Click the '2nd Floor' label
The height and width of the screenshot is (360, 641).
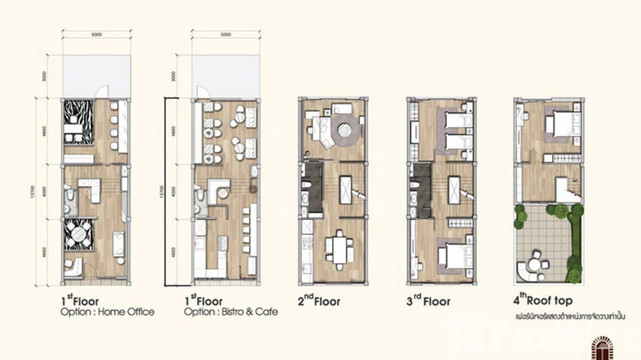(x=319, y=301)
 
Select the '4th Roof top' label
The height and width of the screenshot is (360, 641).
(x=542, y=301)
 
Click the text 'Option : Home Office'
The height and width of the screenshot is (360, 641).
(x=107, y=312)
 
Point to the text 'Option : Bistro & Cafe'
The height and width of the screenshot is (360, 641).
(x=231, y=312)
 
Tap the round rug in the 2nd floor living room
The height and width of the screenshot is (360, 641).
(x=344, y=129)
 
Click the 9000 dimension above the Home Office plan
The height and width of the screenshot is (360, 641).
(x=96, y=34)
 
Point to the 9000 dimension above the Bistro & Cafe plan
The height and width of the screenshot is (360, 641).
(x=226, y=34)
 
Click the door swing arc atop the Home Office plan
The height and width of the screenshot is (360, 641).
(x=102, y=92)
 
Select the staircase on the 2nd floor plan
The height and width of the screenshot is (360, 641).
(x=345, y=190)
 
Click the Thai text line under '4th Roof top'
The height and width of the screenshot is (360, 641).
(x=570, y=316)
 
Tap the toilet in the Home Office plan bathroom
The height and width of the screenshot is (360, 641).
(x=70, y=195)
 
